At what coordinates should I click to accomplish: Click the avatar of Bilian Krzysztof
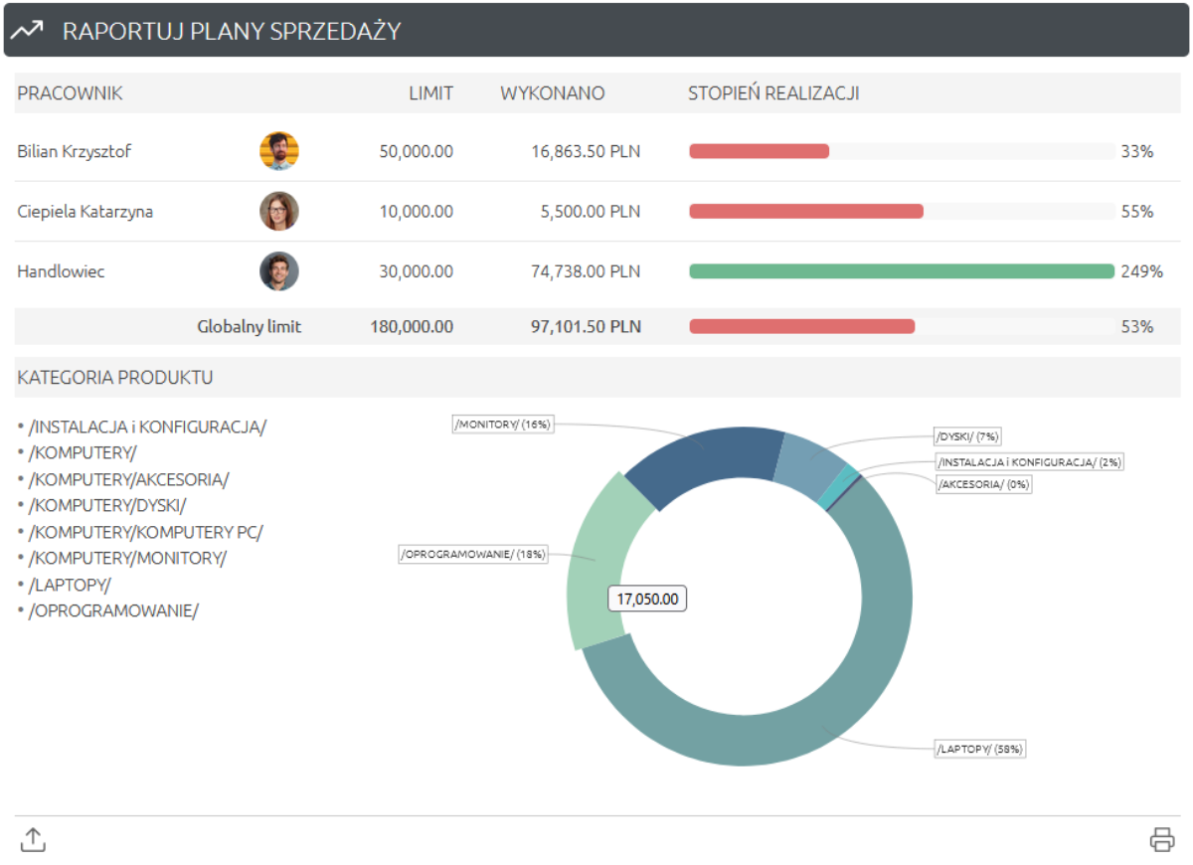[x=279, y=151]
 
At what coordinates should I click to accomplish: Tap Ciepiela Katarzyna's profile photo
[x=279, y=212]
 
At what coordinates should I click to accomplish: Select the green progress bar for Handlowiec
[x=901, y=271]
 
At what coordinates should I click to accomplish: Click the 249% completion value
[x=1141, y=271]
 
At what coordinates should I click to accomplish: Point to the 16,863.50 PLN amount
[x=586, y=151]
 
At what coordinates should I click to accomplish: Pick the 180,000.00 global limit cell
[x=411, y=326]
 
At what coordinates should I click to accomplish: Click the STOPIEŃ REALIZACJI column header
[x=773, y=93]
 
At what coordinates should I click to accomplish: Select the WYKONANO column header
[x=552, y=93]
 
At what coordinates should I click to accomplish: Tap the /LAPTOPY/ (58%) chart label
[x=979, y=749]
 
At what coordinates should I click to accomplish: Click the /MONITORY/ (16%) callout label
[x=502, y=425]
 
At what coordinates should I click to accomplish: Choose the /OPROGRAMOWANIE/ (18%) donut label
[x=473, y=555]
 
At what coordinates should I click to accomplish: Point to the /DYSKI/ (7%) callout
[x=967, y=435]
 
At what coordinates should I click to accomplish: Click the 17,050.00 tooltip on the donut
[x=647, y=599]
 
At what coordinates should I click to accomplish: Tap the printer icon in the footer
[x=1161, y=839]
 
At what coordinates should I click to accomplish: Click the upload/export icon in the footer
[x=33, y=839]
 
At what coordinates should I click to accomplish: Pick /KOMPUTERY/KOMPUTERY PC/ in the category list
[x=145, y=532]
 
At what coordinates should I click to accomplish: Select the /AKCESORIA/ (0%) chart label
[x=982, y=484]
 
